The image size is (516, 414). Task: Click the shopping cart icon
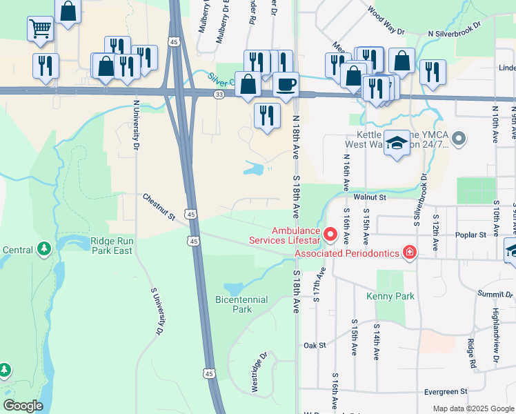41,29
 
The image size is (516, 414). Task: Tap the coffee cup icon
286,85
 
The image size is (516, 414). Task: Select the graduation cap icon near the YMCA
396,143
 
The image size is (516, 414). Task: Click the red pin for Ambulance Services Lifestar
330,235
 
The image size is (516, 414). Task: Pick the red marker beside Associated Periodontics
410,253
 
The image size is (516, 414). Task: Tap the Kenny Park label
395,296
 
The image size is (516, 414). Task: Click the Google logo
23,406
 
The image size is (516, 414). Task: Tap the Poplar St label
472,235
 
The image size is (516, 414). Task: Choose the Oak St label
314,345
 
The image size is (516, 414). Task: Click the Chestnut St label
159,207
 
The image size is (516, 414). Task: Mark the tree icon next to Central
45,247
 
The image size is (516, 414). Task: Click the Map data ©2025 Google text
473,408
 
